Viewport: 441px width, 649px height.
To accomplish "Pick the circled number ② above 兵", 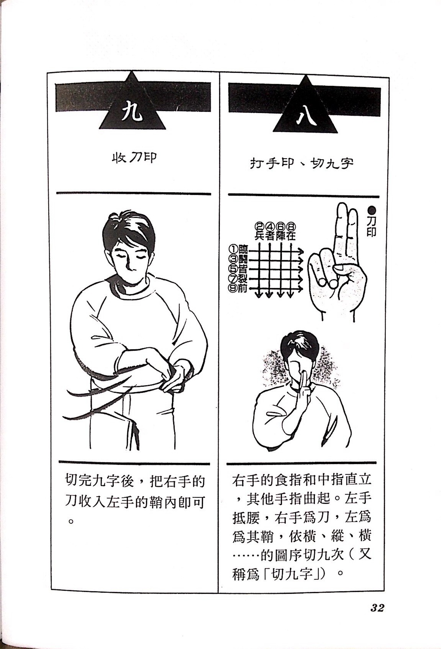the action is (x=260, y=227).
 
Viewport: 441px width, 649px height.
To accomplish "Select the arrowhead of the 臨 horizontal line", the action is (x=301, y=251).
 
